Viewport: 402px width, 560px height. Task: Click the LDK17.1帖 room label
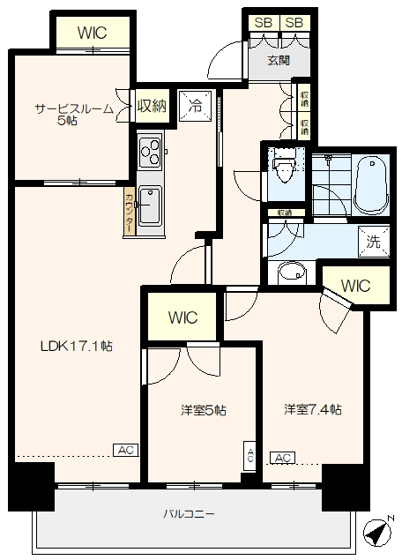[x=76, y=347]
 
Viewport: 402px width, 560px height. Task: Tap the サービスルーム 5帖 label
[x=73, y=114]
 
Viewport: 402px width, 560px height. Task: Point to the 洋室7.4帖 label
[x=313, y=410]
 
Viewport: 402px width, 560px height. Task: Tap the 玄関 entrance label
[x=278, y=61]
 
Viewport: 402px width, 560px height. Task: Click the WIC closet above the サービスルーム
[x=92, y=33]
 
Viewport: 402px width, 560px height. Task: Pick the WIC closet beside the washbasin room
[x=356, y=286]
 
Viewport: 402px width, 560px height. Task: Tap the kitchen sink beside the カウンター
[x=149, y=206]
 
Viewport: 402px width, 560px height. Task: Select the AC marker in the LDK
[x=125, y=451]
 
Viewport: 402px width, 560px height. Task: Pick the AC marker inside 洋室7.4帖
[x=283, y=459]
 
